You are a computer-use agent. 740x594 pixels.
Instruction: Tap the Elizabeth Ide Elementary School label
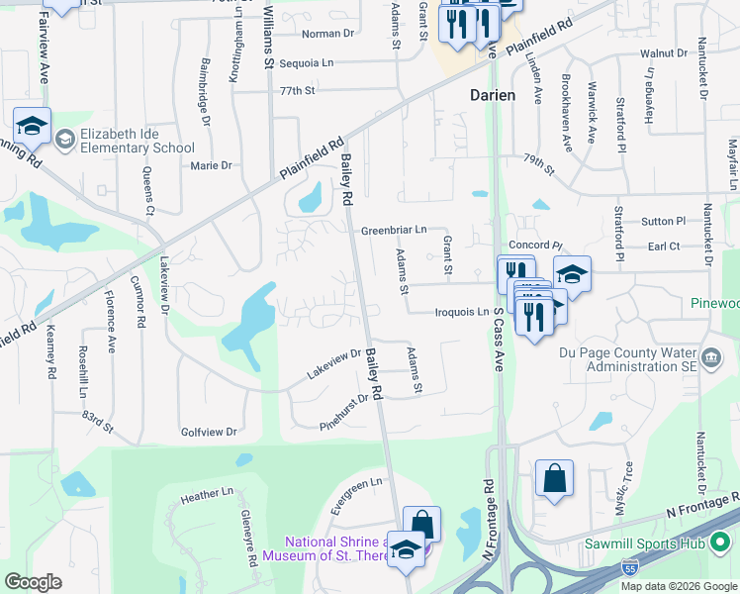coord(138,142)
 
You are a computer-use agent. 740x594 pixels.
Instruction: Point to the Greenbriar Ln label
coord(393,229)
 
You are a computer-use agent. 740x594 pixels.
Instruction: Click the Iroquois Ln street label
coord(461,312)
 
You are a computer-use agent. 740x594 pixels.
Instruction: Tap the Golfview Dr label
coord(210,432)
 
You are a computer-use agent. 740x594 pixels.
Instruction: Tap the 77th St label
coord(296,90)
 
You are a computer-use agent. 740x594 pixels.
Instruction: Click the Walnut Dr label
coord(663,52)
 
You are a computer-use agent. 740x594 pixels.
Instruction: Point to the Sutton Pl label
coord(663,222)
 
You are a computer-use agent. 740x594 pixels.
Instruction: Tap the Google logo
coord(34,581)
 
